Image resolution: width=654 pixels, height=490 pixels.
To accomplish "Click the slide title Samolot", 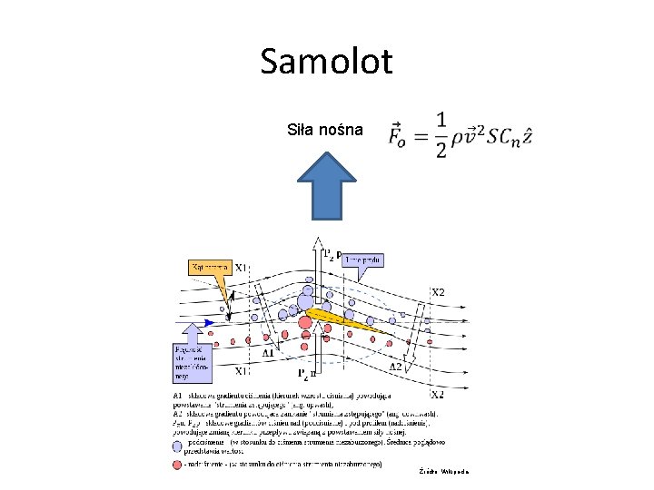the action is tap(326, 62).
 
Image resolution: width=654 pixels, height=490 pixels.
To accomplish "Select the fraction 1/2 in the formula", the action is tap(441, 134).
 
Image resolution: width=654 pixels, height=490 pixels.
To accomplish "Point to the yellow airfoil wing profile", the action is tap(351, 318).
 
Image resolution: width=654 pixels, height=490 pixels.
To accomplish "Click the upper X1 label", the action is tap(243, 268).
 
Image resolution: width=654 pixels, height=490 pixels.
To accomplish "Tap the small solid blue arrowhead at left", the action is tap(210, 322).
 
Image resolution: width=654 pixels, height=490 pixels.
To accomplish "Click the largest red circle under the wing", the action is tap(305, 322).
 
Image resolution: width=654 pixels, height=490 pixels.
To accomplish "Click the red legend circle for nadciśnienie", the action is tap(178, 464).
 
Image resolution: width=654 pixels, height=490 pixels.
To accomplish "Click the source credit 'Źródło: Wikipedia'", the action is tap(443, 472).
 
